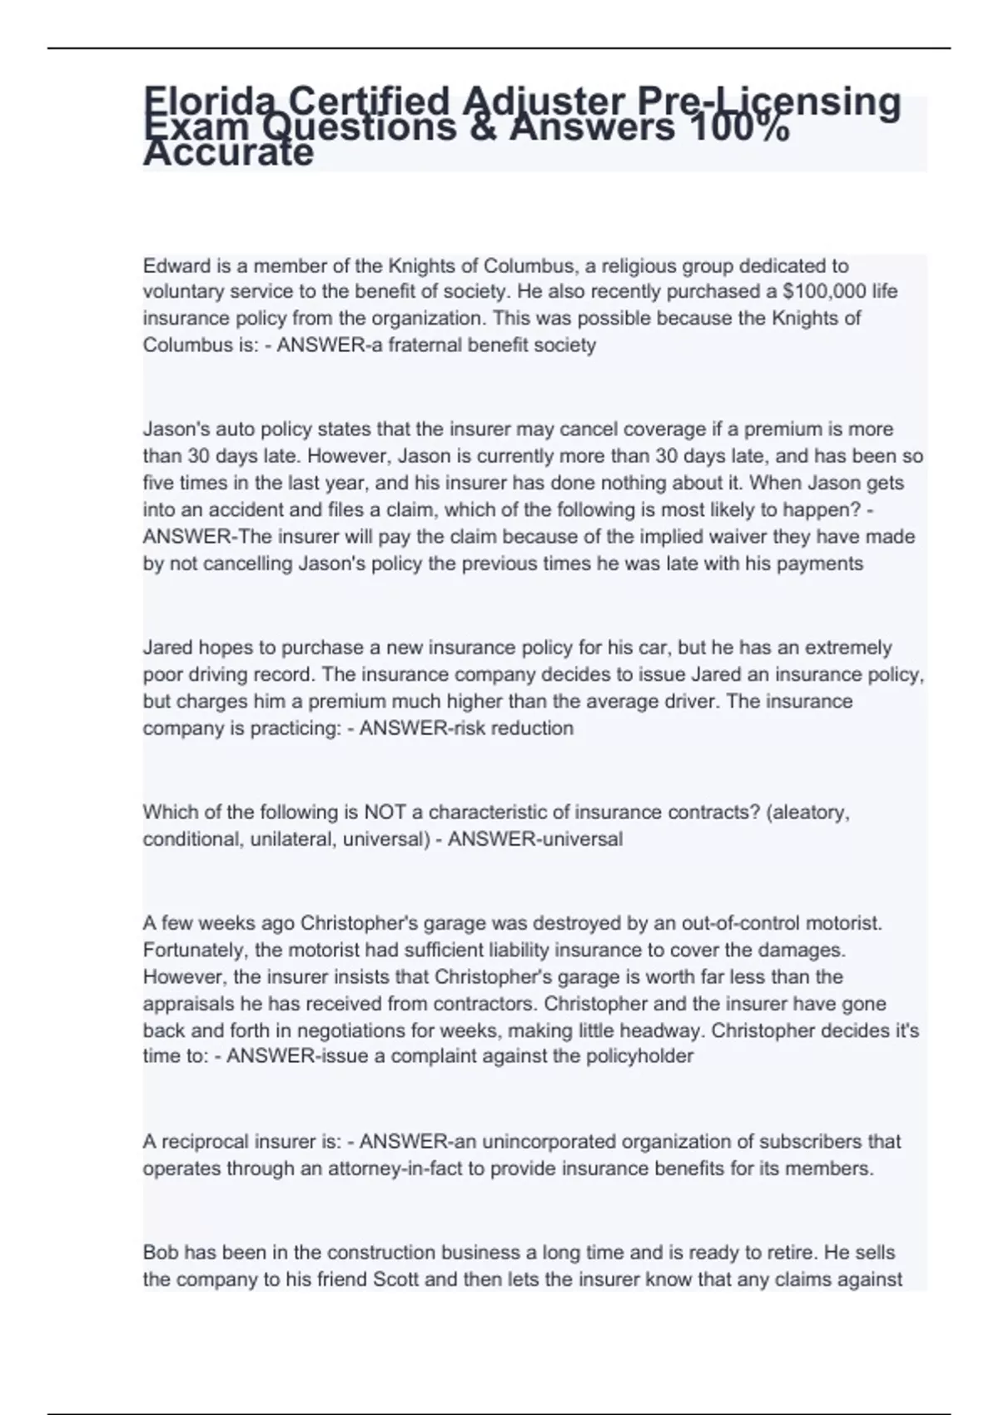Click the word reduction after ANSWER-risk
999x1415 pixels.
tap(532, 728)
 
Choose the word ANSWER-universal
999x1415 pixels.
tap(535, 839)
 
